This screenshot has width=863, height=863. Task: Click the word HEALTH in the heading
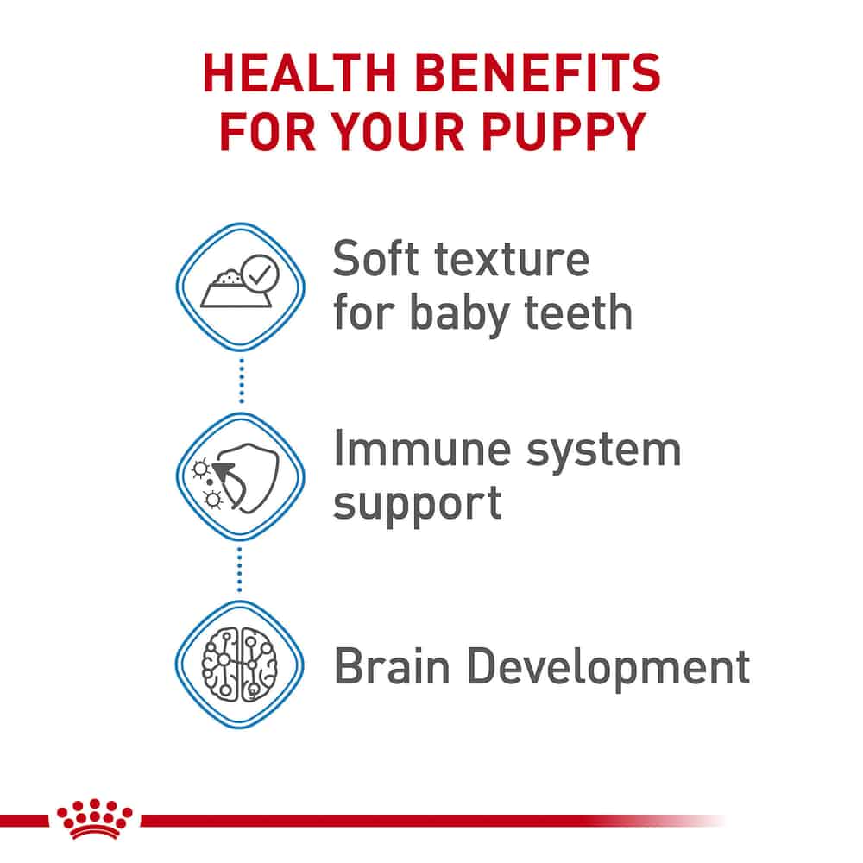tap(300, 72)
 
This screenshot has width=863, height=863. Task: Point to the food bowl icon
tap(235, 289)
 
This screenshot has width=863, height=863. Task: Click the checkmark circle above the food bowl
tap(260, 273)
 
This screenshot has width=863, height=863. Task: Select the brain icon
tap(239, 665)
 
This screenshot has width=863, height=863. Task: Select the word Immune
tap(423, 448)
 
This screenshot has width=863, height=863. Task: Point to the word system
tap(604, 451)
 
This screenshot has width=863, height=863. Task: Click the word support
tap(418, 504)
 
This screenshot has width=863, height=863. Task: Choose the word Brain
tap(392, 666)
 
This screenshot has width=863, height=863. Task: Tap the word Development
tap(608, 668)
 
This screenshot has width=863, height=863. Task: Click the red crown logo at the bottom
tap(95, 818)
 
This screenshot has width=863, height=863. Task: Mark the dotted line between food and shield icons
tap(242, 381)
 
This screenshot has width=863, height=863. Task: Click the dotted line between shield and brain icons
tap(239, 570)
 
